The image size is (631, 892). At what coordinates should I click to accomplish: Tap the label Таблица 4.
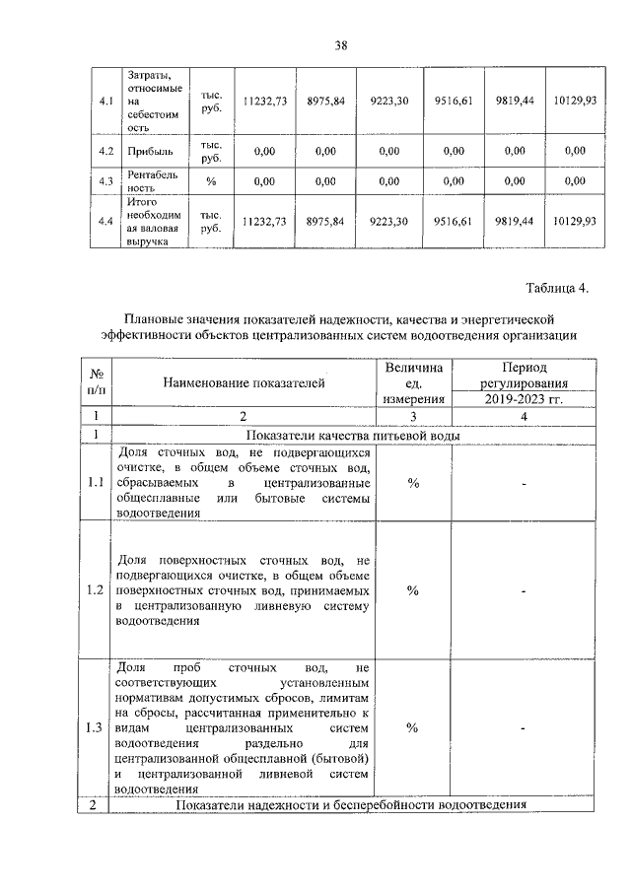[x=557, y=288]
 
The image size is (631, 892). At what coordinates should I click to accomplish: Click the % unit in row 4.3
[x=211, y=181]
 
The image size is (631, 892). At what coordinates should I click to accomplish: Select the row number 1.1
[x=96, y=483]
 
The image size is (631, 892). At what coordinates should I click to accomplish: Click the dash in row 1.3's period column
[x=524, y=727]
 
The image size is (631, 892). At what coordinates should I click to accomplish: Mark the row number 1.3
[x=96, y=727]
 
